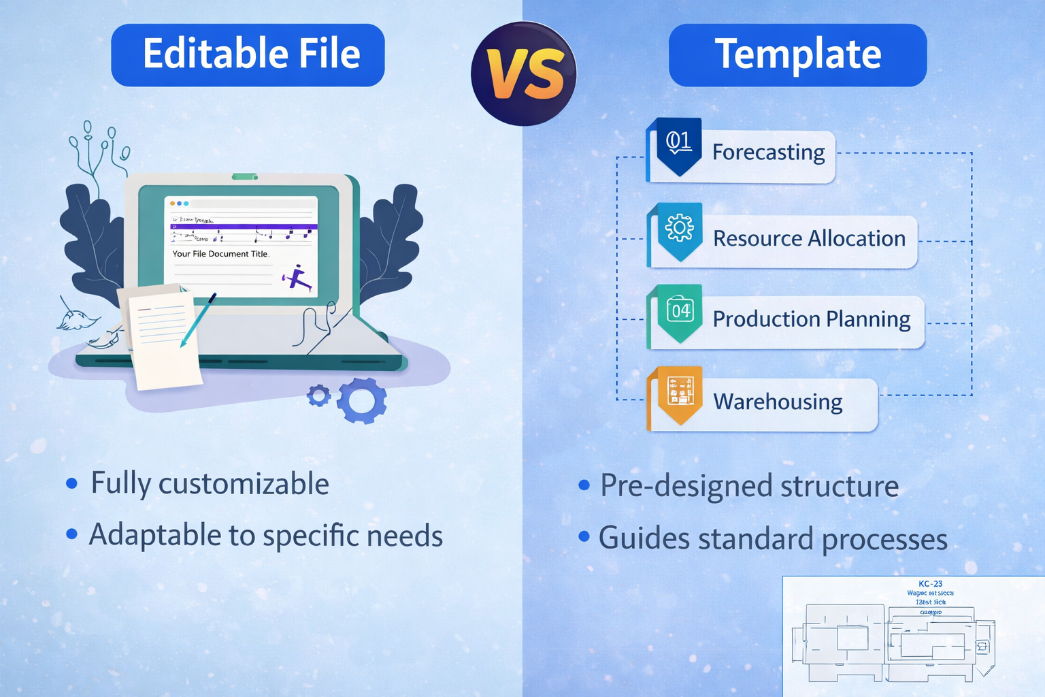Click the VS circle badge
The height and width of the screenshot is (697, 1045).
click(x=523, y=74)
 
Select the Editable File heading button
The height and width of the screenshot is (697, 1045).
click(x=248, y=55)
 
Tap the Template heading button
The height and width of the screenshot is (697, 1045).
click(x=797, y=55)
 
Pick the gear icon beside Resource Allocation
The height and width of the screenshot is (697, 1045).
click(x=679, y=229)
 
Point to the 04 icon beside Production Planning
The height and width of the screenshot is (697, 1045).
click(x=680, y=312)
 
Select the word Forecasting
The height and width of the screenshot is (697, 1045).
click(x=768, y=152)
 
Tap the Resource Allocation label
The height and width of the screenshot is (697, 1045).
click(x=809, y=239)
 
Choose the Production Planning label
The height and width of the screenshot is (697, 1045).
click(x=811, y=319)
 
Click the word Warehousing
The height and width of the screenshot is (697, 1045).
click(x=778, y=402)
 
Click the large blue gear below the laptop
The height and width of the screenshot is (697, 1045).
click(x=362, y=401)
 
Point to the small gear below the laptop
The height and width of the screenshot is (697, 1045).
click(x=318, y=395)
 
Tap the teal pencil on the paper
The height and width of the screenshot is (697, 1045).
click(x=198, y=319)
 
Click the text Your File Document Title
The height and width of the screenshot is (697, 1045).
click(x=220, y=254)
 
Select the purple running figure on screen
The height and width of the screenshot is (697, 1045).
click(x=297, y=277)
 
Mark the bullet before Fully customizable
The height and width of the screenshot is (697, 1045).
click(x=71, y=484)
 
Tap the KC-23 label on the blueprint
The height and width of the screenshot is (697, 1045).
click(x=930, y=583)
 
